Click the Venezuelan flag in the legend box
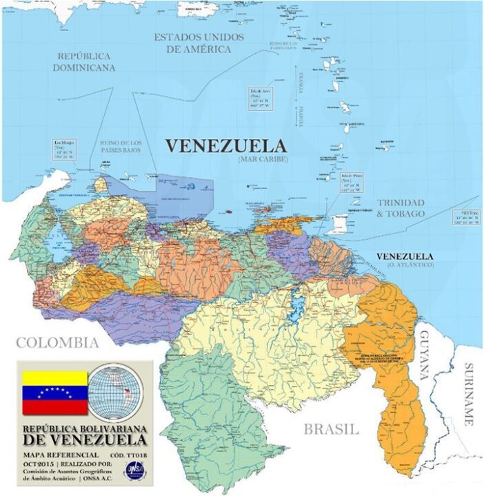[x=55, y=393]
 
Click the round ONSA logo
[x=134, y=468]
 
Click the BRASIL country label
[x=332, y=429]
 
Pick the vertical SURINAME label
[x=470, y=393]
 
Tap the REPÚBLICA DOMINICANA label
[x=85, y=61]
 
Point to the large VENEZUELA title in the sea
[x=225, y=146]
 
